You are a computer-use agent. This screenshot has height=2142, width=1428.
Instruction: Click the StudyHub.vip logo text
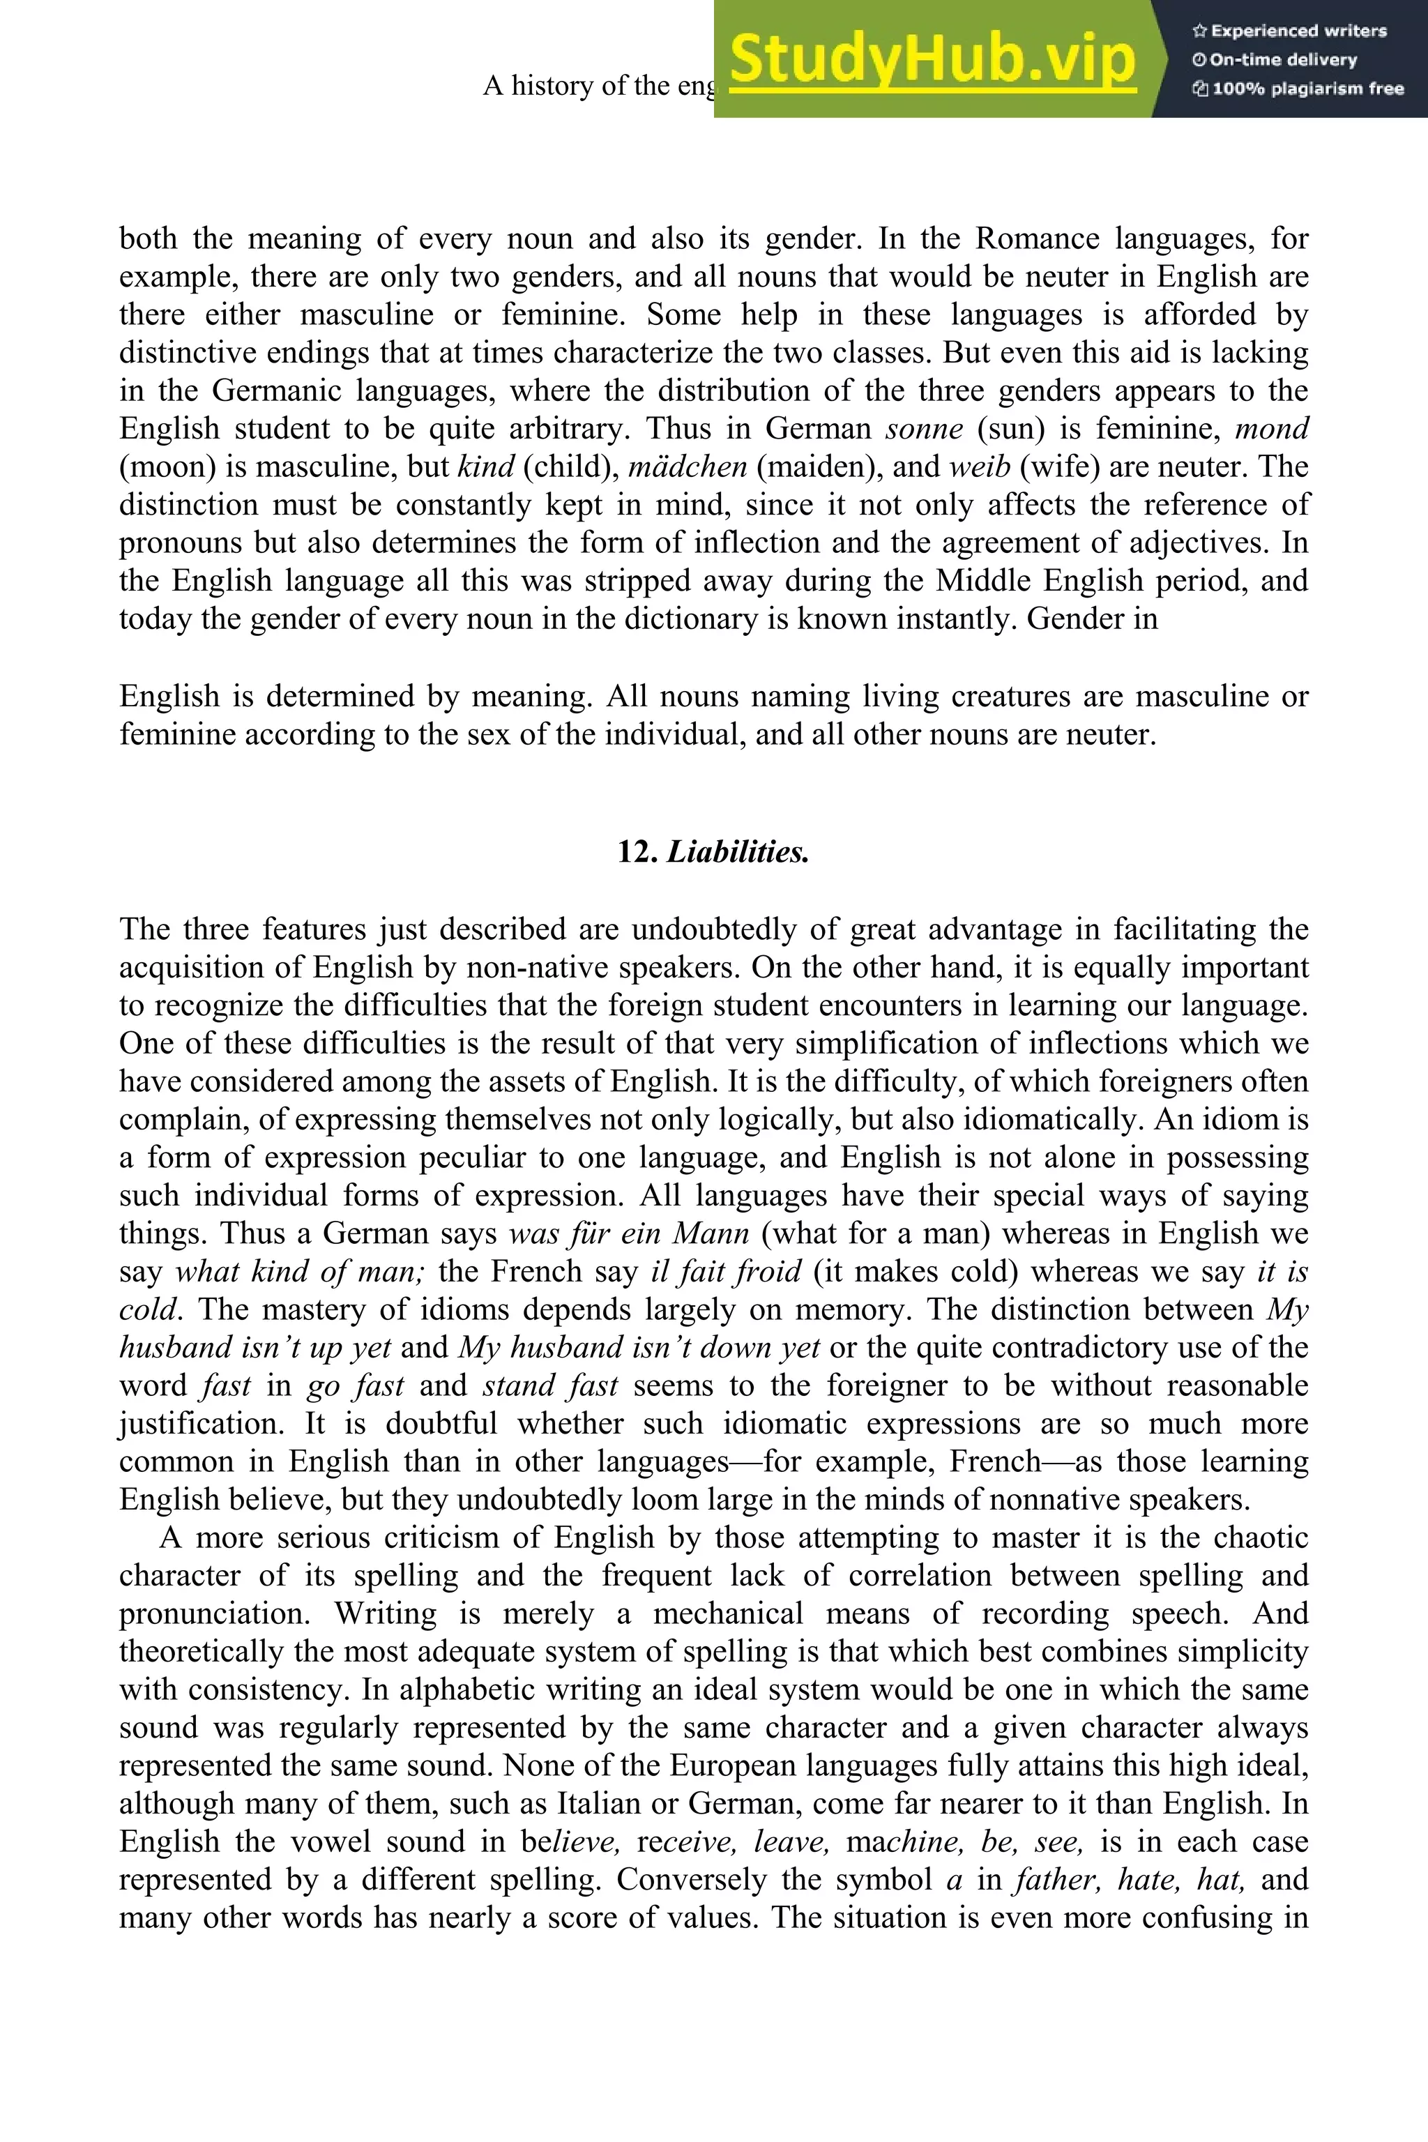click(932, 59)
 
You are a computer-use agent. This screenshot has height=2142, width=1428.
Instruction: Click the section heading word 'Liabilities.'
click(738, 853)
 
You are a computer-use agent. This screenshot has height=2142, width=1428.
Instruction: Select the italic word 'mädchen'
click(688, 467)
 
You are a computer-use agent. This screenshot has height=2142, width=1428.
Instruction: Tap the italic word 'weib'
click(979, 467)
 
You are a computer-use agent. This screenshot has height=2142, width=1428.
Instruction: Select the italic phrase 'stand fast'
click(550, 1386)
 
